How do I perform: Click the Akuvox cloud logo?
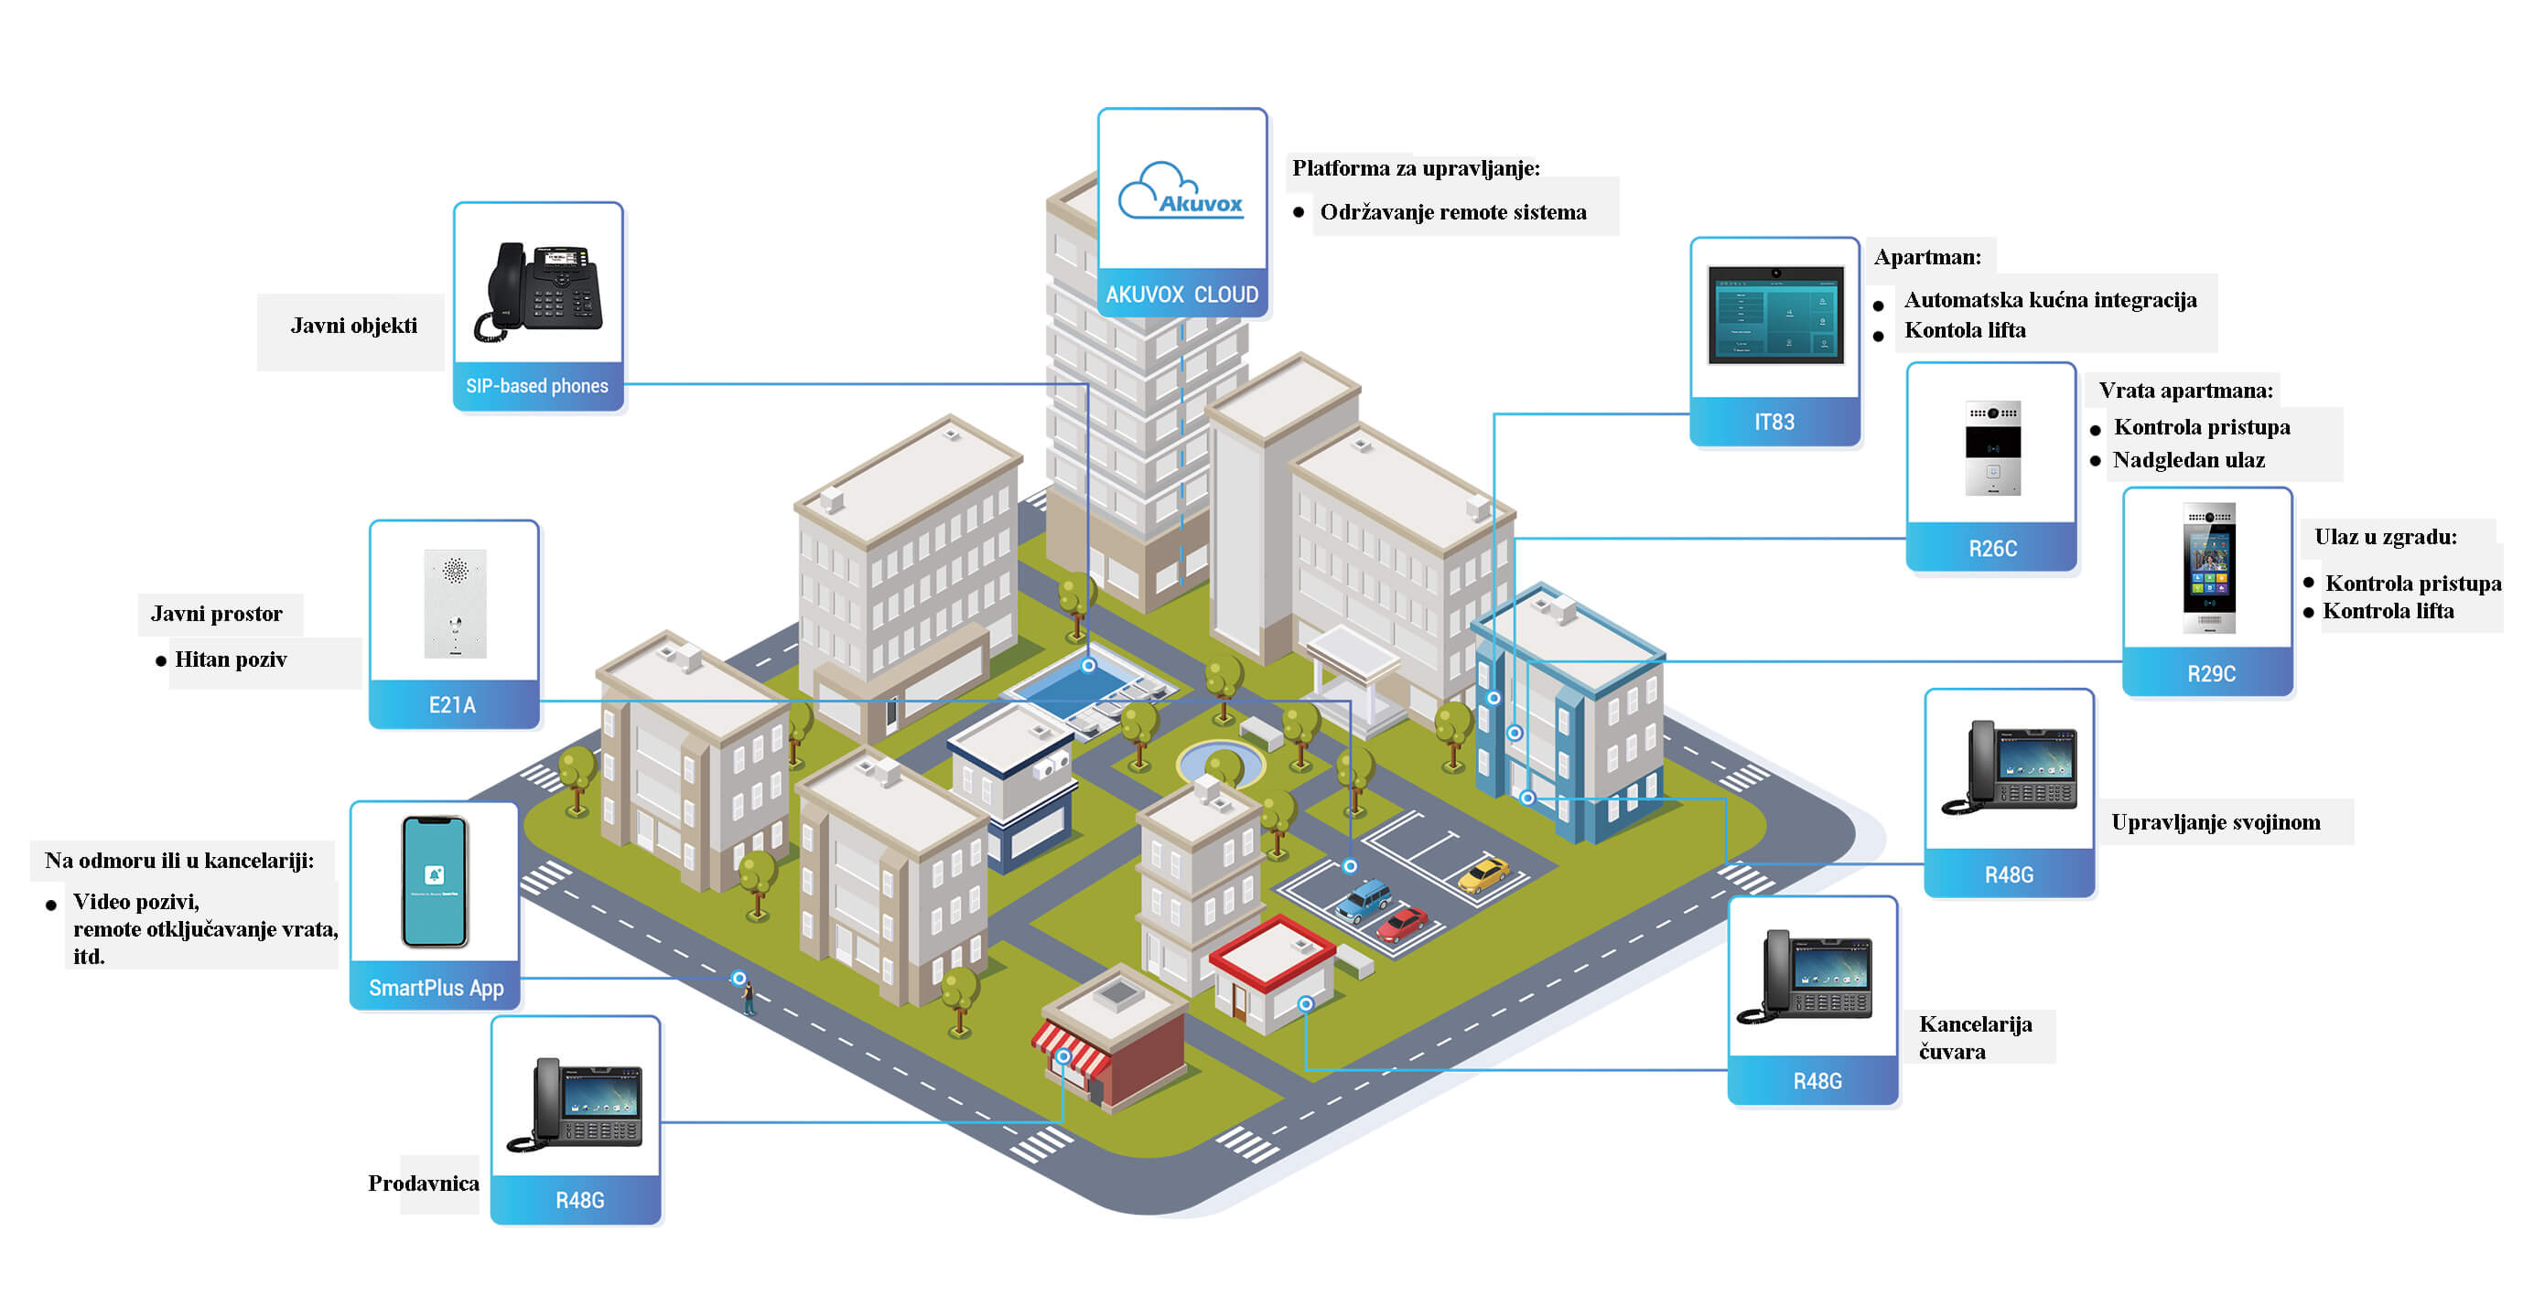(1181, 191)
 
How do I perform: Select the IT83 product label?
(1774, 422)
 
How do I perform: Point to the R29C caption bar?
(2210, 674)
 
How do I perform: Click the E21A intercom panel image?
(455, 603)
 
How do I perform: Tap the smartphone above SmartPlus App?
(435, 881)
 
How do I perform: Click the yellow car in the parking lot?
(1483, 873)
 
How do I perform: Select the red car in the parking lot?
(1401, 924)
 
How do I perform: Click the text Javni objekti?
(353, 326)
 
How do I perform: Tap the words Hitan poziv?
(231, 659)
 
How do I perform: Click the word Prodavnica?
(423, 1184)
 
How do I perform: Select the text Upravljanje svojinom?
(2216, 822)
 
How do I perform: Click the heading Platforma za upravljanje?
(1416, 168)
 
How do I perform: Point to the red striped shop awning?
(1071, 1047)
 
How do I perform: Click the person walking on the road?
(749, 997)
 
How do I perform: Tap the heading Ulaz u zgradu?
(2385, 537)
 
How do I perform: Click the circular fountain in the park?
(1221, 762)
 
